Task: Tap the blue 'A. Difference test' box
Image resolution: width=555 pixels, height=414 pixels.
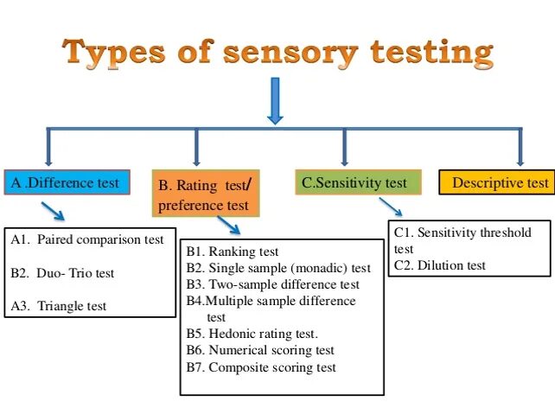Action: (67, 183)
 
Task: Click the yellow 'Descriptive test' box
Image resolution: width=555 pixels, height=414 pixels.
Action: (495, 183)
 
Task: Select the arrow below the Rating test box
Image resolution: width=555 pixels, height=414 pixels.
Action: (229, 225)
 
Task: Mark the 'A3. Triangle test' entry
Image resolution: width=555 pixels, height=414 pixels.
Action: (59, 306)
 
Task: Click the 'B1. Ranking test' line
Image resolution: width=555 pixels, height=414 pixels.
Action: (234, 252)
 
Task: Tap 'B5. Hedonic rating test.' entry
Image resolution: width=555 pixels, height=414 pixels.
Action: (252, 334)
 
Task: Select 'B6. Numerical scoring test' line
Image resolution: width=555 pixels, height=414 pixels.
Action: (259, 350)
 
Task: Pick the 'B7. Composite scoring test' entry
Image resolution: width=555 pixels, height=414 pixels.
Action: (261, 367)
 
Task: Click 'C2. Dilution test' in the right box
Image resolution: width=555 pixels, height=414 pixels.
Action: (439, 265)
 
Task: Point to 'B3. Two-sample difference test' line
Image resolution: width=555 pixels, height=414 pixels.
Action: (272, 284)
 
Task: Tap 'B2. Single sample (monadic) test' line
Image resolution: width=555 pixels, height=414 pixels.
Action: (277, 268)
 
